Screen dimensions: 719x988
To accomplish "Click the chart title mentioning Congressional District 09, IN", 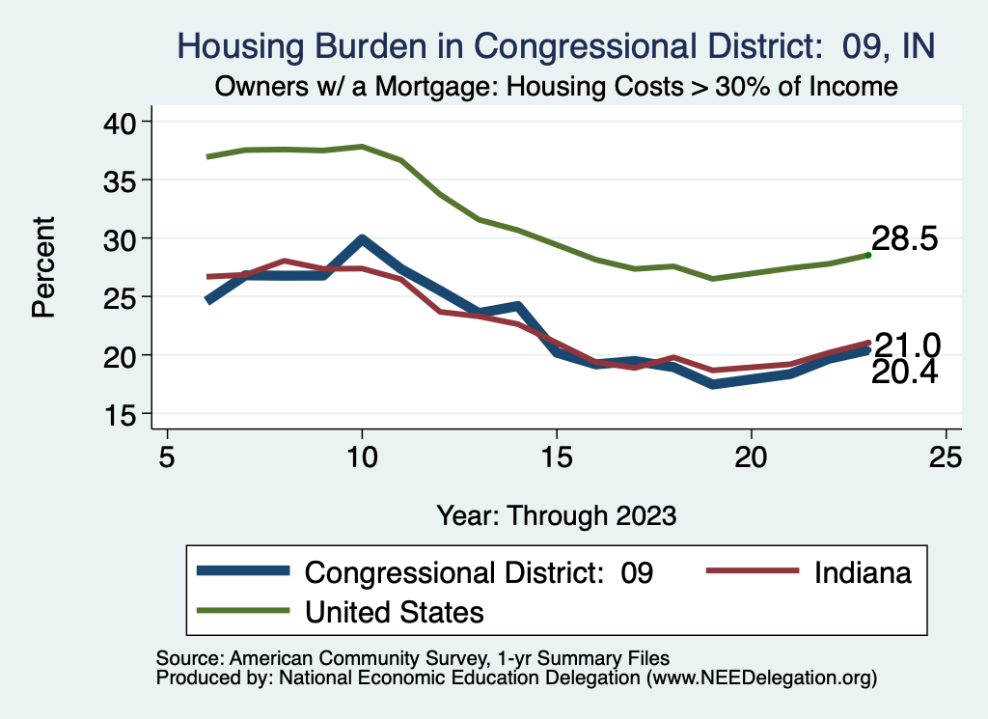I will click(x=557, y=45).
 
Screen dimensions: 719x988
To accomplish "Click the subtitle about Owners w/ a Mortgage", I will click(x=557, y=86).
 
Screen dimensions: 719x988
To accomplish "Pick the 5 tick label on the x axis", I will click(x=168, y=455).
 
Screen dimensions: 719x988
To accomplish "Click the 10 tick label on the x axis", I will click(x=362, y=455).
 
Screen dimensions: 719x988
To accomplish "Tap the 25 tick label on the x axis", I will click(x=946, y=455).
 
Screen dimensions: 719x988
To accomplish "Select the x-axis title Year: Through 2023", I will click(x=557, y=514).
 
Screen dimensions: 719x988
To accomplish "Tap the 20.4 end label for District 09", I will click(x=905, y=373).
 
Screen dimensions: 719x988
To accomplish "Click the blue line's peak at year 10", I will click(x=362, y=239).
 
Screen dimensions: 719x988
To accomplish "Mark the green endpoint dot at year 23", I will click(x=868, y=255).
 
